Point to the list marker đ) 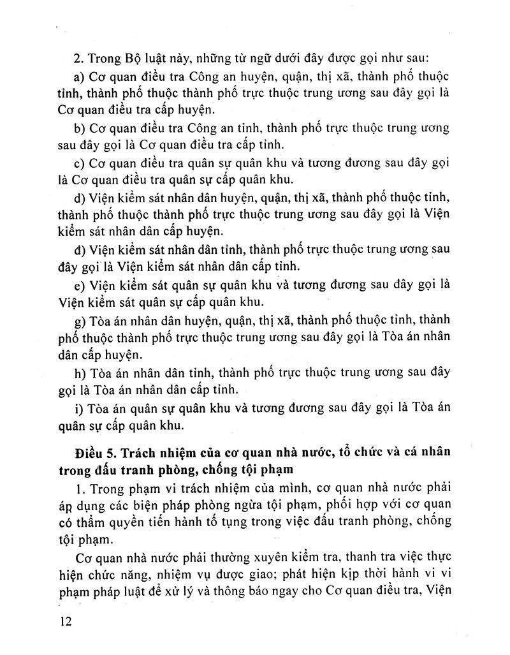coord(80,248)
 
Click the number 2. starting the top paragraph coord(79,59)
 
